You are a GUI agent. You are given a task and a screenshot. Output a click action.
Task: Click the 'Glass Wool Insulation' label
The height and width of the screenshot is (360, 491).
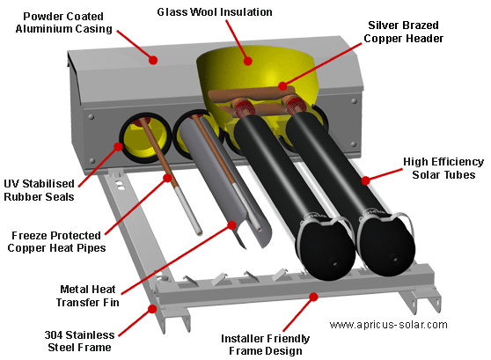pyautogui.click(x=215, y=12)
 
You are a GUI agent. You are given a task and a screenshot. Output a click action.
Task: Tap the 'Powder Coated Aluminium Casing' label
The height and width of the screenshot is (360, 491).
pyautogui.click(x=63, y=23)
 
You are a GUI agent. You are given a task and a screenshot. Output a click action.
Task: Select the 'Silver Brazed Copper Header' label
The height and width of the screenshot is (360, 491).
pyautogui.click(x=403, y=32)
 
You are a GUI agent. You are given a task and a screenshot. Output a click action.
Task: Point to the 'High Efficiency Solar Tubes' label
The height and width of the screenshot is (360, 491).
pyautogui.click(x=443, y=168)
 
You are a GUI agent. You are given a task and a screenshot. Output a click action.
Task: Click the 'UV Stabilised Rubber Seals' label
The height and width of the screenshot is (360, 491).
pyautogui.click(x=39, y=190)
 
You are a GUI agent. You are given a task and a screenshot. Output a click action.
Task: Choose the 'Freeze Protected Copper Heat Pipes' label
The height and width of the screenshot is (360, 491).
pyautogui.click(x=56, y=241)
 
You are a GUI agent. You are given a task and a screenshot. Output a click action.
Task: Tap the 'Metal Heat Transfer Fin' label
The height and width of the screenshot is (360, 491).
pyautogui.click(x=88, y=296)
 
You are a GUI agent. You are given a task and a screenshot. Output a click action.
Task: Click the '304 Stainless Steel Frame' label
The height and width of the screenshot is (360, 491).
pyautogui.click(x=79, y=342)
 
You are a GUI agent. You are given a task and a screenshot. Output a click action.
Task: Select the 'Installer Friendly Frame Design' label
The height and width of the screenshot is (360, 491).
pyautogui.click(x=266, y=345)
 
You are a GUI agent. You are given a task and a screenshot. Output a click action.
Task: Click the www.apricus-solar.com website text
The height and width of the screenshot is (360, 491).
pyautogui.click(x=388, y=325)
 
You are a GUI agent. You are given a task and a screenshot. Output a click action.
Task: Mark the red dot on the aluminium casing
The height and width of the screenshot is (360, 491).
pyautogui.click(x=153, y=60)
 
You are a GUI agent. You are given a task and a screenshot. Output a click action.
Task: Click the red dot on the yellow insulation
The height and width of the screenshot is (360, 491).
pyautogui.click(x=247, y=61)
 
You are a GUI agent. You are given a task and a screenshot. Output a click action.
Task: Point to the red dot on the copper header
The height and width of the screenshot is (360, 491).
pyautogui.click(x=282, y=86)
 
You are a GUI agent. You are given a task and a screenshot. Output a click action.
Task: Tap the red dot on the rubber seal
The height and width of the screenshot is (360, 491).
pyautogui.click(x=118, y=146)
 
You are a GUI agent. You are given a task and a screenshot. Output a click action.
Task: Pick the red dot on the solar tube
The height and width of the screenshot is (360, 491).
pyautogui.click(x=365, y=180)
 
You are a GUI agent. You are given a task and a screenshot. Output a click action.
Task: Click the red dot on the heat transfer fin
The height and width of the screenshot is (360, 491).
pyautogui.click(x=231, y=225)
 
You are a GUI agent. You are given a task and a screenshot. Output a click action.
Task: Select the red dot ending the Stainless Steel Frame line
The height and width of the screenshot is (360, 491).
pyautogui.click(x=152, y=309)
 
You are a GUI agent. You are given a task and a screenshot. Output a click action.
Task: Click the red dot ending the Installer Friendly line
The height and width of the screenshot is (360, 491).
pyautogui.click(x=314, y=297)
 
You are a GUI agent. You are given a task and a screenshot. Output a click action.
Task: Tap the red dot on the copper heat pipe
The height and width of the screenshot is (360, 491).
pyautogui.click(x=168, y=178)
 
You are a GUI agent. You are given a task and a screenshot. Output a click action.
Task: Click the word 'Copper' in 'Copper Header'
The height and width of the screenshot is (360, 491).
pyautogui.click(x=384, y=39)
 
